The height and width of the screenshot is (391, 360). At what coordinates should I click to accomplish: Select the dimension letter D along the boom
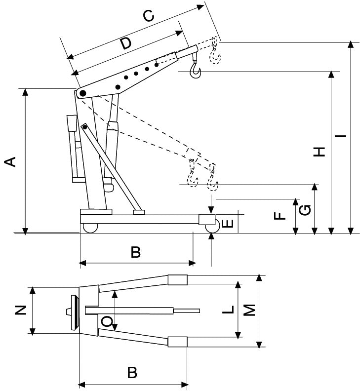(x=126, y=43)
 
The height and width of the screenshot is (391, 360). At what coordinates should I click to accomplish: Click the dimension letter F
(x=280, y=216)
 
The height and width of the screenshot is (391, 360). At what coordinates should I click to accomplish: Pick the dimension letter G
(x=306, y=210)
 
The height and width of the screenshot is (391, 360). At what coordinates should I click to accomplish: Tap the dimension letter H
(x=320, y=152)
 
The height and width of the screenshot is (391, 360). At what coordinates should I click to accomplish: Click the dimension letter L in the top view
(x=228, y=310)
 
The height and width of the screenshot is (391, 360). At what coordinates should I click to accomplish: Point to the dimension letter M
(x=250, y=310)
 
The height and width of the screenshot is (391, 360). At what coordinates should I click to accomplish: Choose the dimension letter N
(x=20, y=310)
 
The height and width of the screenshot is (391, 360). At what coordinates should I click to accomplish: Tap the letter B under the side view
(x=135, y=253)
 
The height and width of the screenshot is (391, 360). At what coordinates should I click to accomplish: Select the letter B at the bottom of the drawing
(x=132, y=372)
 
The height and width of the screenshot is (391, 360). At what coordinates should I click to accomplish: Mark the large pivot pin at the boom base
(x=82, y=93)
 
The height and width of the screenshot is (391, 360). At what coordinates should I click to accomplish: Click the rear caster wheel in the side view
(x=89, y=228)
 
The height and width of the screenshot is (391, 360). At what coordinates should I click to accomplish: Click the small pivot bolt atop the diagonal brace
(x=85, y=127)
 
